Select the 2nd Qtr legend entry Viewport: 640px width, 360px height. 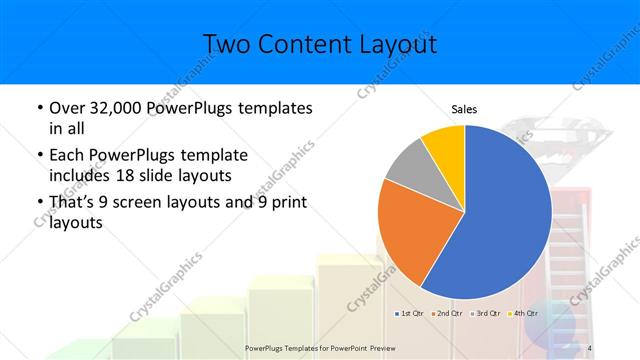[x=446, y=314]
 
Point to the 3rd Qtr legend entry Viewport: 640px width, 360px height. [x=485, y=314]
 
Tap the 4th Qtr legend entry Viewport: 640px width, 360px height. [x=523, y=314]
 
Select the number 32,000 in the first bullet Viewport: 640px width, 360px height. [x=115, y=108]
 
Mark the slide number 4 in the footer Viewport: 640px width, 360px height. [x=591, y=348]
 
